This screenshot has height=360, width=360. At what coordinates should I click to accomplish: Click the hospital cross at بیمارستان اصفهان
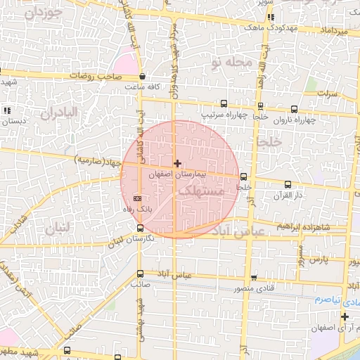177,163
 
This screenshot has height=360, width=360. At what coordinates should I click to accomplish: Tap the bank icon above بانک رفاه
137,199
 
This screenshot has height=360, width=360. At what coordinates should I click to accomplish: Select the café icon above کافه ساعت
143,77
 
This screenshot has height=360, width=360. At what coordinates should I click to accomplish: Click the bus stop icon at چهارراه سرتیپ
224,104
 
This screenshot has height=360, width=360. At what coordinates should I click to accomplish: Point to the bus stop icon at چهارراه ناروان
293,109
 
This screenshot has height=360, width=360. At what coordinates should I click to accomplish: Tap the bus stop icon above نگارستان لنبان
140,228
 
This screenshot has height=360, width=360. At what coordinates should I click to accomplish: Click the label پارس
319,260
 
